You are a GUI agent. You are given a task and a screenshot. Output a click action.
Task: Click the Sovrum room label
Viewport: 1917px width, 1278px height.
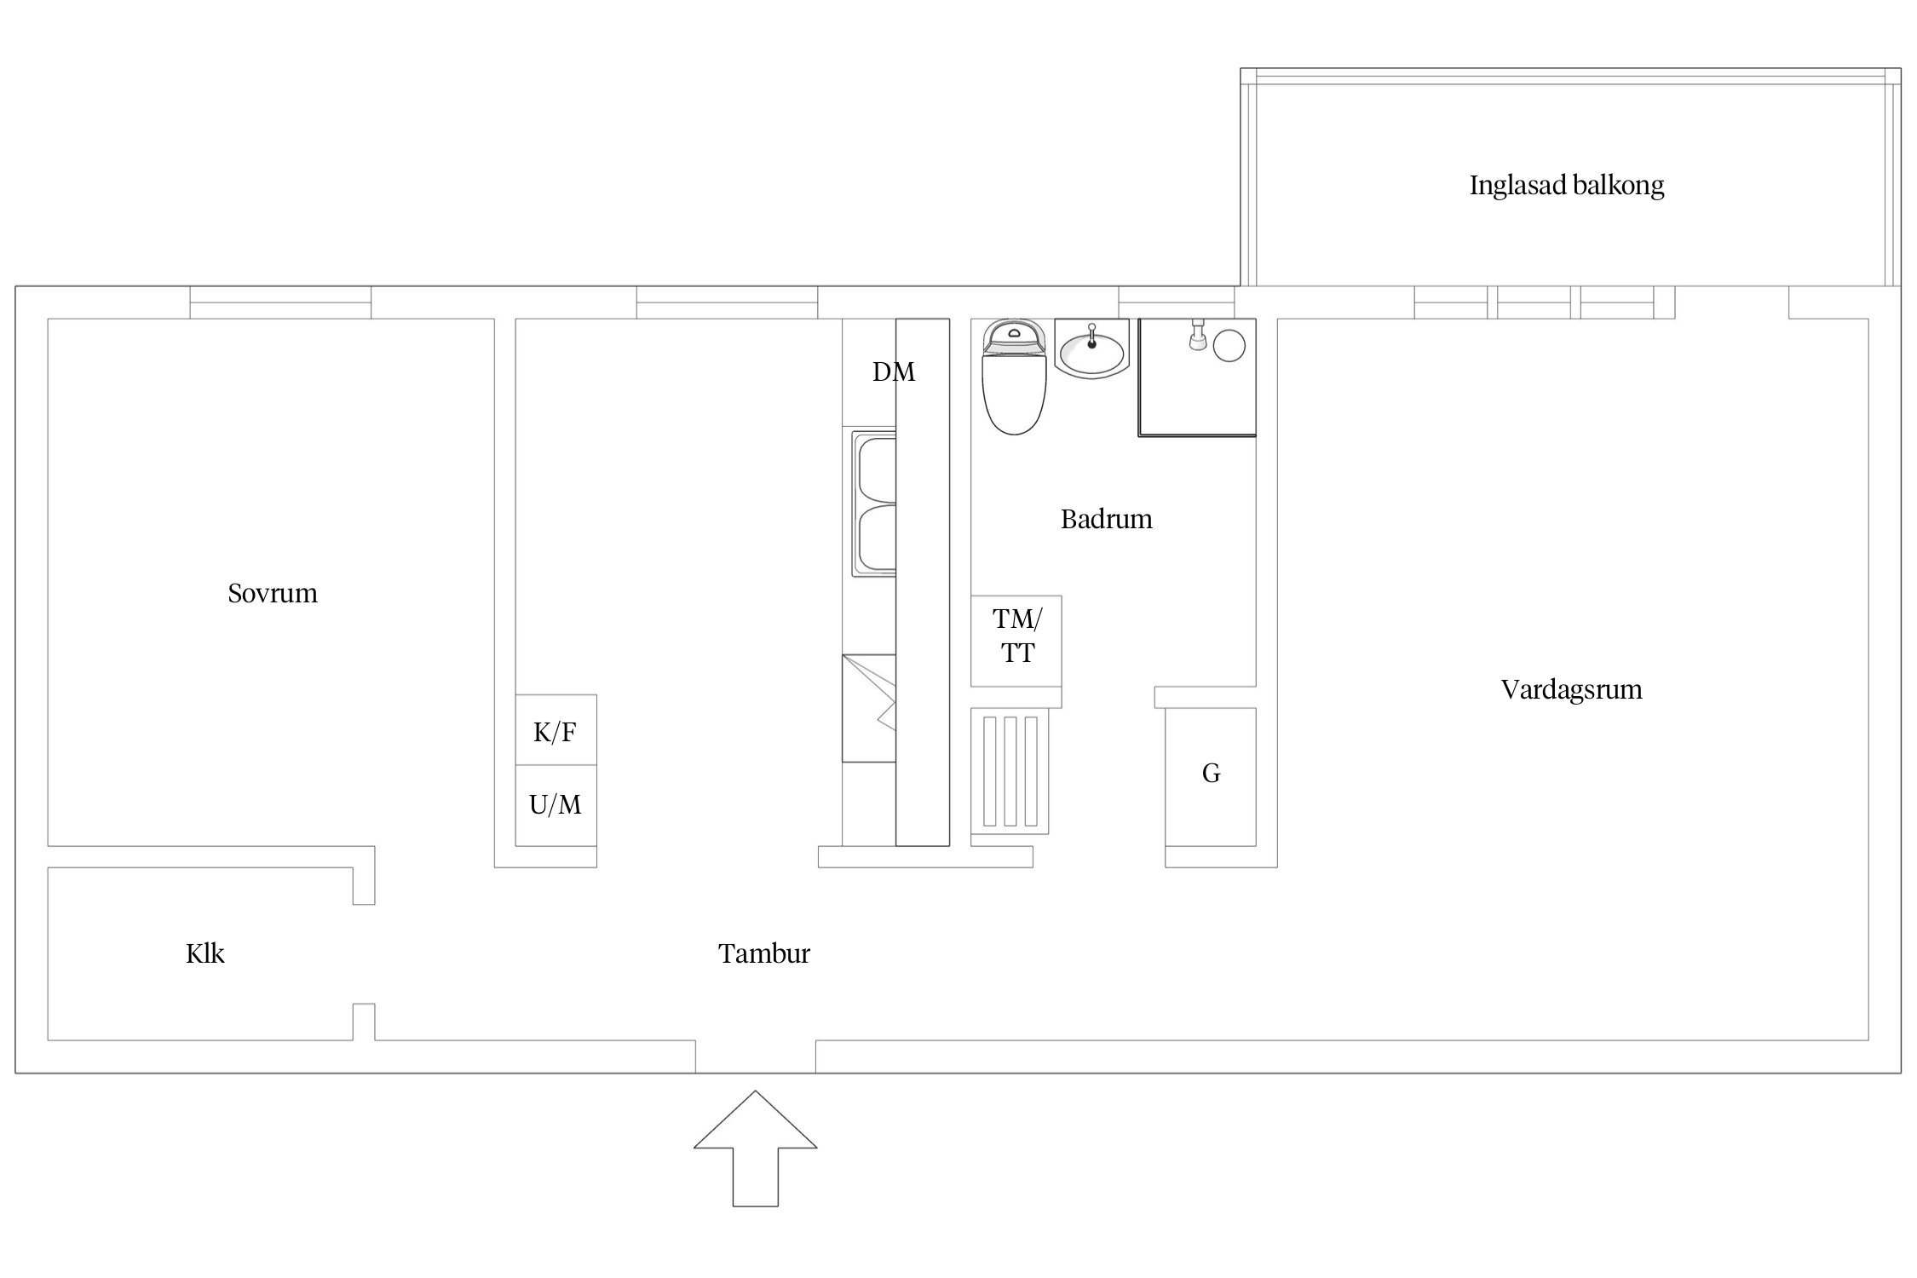273,593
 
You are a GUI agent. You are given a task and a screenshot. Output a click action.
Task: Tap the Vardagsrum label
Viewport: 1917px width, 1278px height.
1571,689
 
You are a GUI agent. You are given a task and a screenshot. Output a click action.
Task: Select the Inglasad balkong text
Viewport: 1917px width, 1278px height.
1566,186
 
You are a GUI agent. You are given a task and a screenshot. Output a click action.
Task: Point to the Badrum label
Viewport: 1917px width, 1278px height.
1106,519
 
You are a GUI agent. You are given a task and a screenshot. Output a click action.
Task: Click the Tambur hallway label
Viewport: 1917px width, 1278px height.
763,953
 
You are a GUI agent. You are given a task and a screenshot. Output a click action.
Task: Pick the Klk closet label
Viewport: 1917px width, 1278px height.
204,953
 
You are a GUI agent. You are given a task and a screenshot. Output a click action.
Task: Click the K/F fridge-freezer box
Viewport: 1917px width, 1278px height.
556,730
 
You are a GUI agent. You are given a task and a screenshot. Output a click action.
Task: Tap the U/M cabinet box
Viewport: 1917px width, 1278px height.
556,805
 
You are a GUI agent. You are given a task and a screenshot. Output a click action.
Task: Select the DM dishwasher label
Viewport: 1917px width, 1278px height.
894,371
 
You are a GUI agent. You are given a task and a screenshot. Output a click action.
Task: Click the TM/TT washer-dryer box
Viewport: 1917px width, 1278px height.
1016,641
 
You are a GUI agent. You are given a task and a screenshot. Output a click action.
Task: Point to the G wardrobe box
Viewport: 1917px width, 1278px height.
1211,776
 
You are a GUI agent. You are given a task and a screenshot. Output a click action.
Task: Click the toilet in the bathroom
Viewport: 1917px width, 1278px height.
1014,377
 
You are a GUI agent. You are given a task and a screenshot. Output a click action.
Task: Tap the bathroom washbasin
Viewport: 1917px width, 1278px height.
1091,349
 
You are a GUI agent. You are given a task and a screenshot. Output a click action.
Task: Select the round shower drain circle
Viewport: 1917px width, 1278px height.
1229,346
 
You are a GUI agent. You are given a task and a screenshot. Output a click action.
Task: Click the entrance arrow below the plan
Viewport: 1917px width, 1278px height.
755,1148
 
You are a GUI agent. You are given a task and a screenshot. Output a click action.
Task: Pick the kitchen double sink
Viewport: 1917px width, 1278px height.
873,504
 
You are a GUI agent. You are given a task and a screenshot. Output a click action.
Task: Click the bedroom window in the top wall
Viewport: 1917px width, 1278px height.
280,302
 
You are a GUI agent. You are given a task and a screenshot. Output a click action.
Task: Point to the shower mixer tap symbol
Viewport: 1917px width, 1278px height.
1197,335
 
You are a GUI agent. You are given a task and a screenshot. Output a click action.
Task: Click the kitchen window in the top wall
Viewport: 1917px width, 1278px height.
727,302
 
